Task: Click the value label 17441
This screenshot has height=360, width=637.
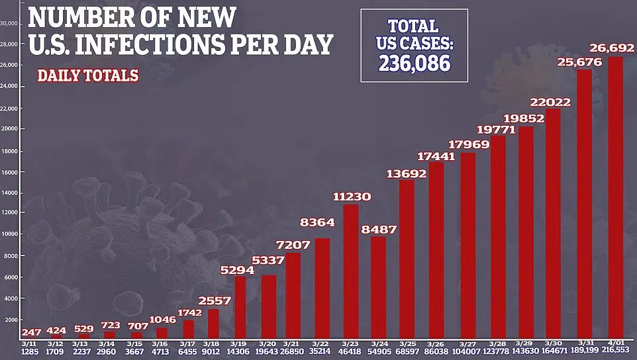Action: click(436, 157)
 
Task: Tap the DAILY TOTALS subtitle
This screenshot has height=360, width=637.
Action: click(87, 75)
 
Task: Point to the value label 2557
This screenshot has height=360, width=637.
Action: click(213, 301)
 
